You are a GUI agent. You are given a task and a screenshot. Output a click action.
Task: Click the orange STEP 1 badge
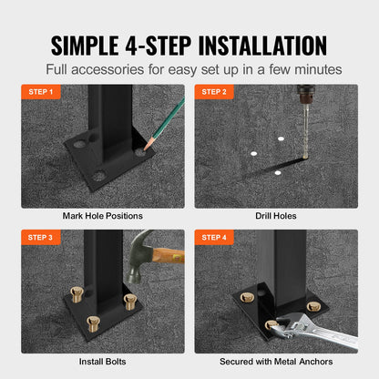(x=41, y=92)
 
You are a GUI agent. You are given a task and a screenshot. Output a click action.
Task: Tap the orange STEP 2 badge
(x=214, y=92)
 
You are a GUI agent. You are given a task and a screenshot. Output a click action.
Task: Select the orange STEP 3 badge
(x=41, y=238)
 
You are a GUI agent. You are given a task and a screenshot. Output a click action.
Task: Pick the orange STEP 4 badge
(x=214, y=238)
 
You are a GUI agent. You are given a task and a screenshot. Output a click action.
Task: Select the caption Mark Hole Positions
(x=103, y=216)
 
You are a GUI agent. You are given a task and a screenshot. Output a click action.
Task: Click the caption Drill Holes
(x=275, y=216)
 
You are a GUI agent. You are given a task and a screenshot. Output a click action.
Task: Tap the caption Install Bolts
(x=103, y=362)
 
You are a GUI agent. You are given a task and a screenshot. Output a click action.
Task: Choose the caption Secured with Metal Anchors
(x=275, y=362)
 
